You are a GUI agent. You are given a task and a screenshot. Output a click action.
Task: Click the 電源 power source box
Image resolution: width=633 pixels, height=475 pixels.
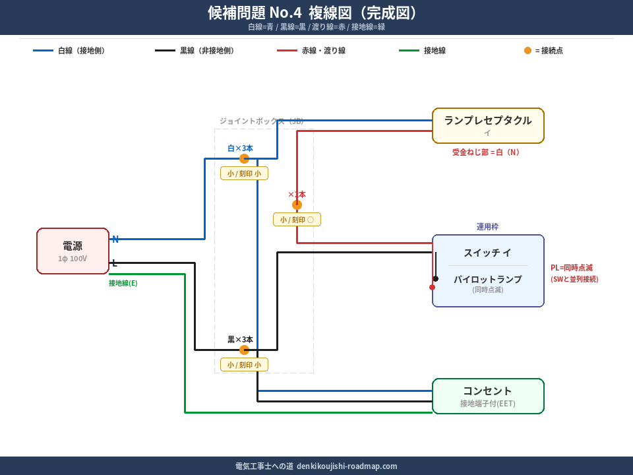73,251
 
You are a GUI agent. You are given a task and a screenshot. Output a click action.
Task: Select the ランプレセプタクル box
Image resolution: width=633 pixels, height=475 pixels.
488,125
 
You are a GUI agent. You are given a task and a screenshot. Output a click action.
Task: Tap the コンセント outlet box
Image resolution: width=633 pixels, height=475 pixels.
488,396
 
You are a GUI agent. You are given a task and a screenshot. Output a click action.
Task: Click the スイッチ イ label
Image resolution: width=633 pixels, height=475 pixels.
487,253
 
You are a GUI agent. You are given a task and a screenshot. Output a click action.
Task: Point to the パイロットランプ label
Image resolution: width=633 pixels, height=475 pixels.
487,279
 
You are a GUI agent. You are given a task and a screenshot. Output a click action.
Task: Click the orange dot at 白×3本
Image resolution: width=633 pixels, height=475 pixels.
244,158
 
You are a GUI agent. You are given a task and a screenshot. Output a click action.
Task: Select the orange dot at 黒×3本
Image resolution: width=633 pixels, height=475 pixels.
244,350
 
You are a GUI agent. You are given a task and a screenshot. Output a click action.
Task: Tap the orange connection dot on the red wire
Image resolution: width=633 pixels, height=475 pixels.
297,205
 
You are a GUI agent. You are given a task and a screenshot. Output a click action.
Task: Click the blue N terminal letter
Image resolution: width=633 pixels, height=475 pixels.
115,239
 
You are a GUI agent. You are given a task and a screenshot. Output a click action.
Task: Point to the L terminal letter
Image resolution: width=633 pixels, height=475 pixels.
115,263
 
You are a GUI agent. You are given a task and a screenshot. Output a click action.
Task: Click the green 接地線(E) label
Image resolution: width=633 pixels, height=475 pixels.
123,283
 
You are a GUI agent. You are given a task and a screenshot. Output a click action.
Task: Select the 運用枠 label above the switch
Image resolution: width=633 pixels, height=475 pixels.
487,227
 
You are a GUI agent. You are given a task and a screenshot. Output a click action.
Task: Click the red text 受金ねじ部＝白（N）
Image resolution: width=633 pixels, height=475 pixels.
486,152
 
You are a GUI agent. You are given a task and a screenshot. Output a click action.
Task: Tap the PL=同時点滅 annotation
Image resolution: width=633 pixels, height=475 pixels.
572,268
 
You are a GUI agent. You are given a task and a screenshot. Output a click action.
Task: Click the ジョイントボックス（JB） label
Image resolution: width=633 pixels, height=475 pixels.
261,121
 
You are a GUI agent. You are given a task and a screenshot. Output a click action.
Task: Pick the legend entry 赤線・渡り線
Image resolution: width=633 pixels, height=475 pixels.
323,50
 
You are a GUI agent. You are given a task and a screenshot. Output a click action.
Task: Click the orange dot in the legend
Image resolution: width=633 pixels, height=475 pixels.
527,50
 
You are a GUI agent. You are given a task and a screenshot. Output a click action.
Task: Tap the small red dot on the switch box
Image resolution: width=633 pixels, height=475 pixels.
432,287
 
